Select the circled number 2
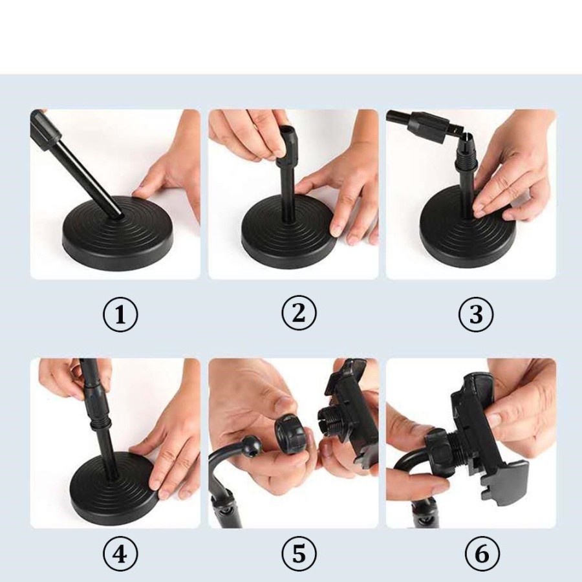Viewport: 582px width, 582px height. (299, 312)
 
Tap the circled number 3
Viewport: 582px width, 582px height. (476, 314)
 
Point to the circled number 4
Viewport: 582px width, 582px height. (120, 555)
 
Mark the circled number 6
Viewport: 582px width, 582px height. (482, 555)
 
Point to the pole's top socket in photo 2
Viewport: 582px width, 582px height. (288, 145)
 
